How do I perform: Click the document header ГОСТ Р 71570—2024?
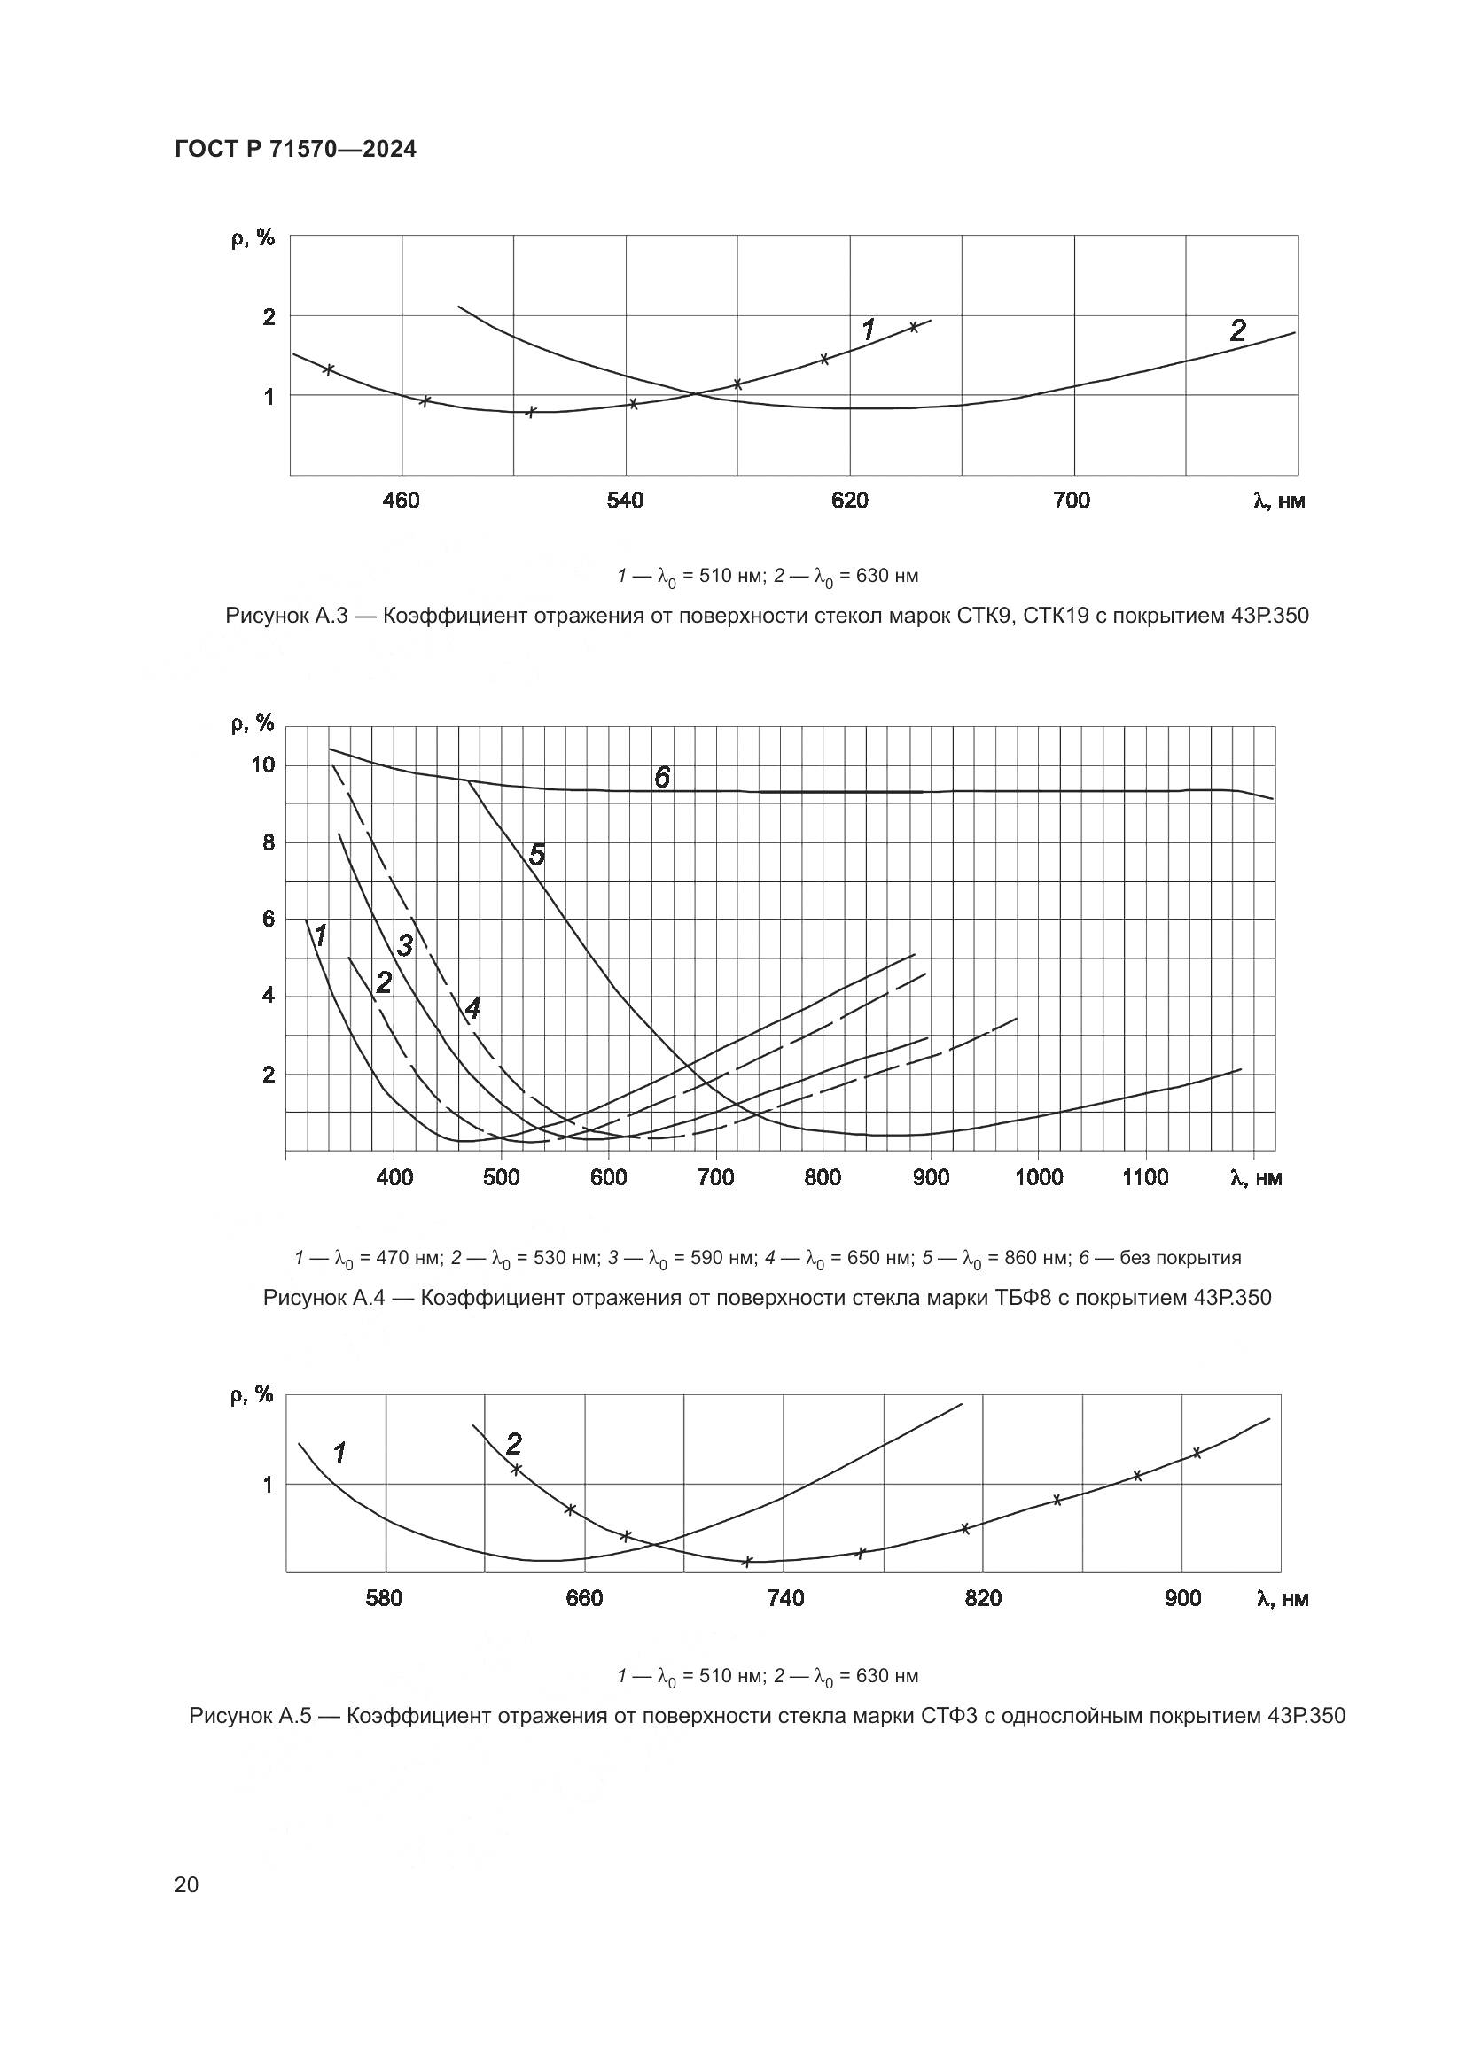[295, 150]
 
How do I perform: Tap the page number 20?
[186, 1884]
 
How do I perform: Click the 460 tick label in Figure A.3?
[401, 501]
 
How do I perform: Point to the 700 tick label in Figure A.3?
[1072, 501]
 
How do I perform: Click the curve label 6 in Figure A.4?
[662, 777]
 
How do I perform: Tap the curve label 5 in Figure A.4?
[537, 855]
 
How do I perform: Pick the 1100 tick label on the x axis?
[1144, 1177]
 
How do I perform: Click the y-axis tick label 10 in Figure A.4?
[262, 765]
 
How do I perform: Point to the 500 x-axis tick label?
[501, 1177]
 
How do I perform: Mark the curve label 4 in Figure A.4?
[472, 1009]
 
